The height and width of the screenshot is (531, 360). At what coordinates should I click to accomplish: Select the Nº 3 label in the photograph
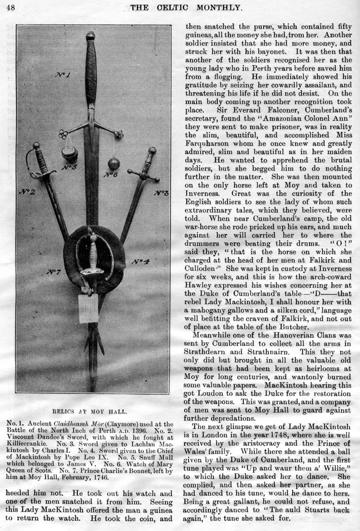point(161,194)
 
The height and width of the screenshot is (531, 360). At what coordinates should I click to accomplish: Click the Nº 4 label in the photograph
point(140,262)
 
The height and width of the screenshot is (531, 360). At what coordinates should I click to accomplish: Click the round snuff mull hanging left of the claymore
point(70,154)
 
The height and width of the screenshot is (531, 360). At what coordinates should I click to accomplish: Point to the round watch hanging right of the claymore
point(113,163)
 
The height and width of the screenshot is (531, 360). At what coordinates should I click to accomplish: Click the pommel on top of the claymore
point(90,36)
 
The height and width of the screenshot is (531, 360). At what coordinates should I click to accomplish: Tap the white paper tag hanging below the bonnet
point(88,309)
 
